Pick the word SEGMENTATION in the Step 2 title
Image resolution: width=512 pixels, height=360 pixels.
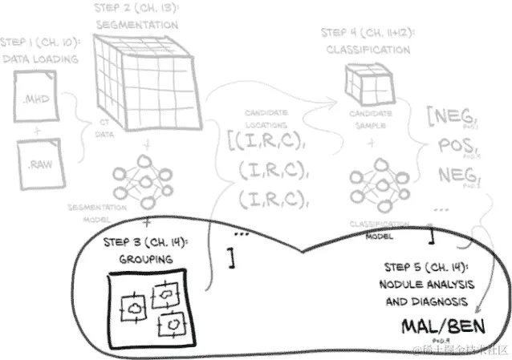[x=136, y=25]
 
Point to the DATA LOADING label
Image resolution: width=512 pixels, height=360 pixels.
[x=39, y=59]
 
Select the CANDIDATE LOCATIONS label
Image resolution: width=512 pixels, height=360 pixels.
[x=267, y=119]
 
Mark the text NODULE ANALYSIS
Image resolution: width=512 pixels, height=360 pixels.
[x=428, y=285]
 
